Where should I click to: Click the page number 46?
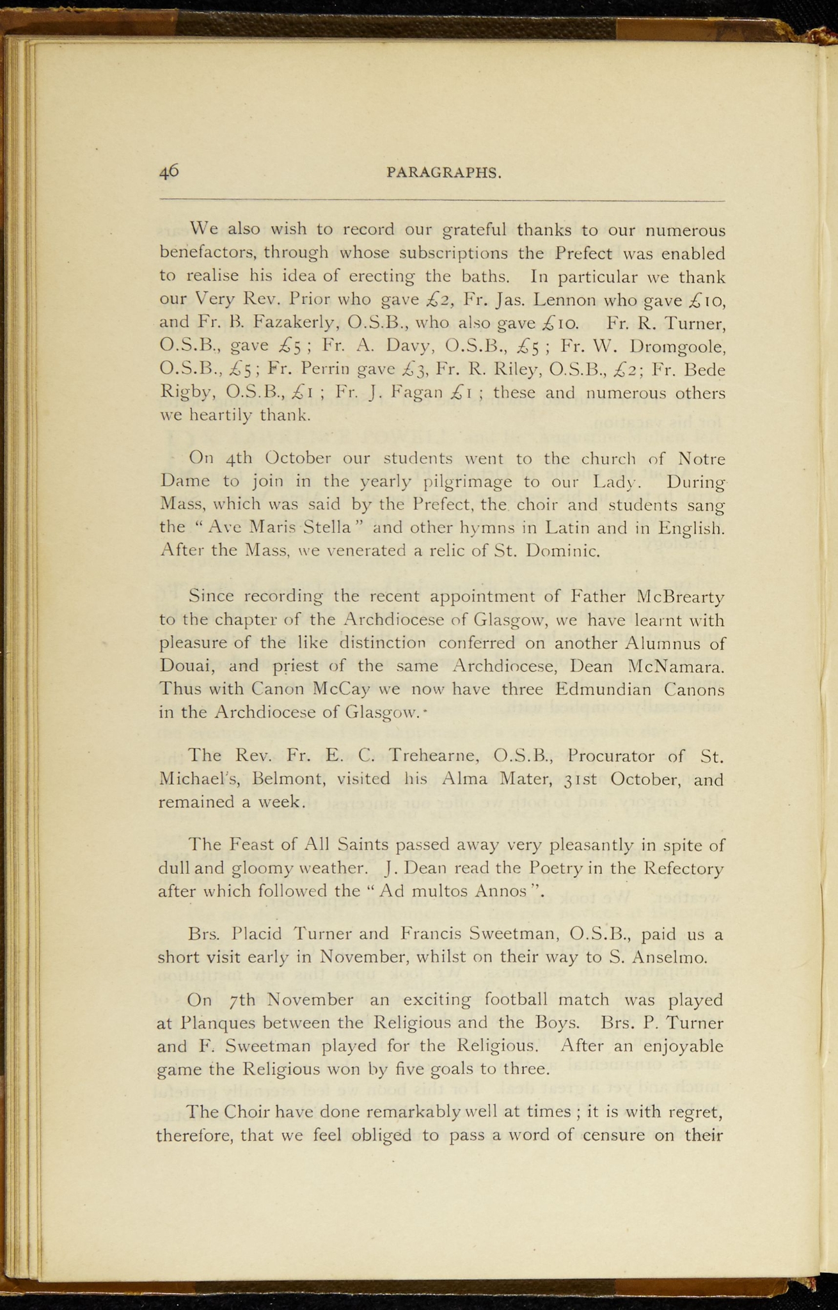click(x=170, y=171)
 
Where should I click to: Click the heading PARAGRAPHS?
click(x=443, y=173)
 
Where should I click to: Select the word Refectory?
click(x=684, y=868)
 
